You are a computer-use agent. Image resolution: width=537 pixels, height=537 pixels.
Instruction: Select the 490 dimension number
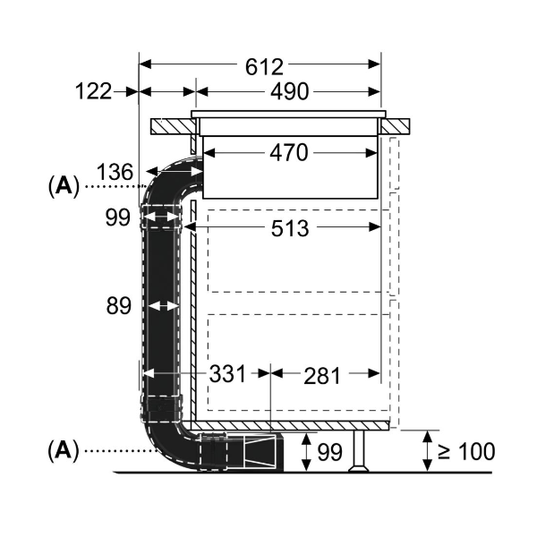pos(288,91)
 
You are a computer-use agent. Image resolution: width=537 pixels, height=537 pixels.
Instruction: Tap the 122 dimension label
pos(93,91)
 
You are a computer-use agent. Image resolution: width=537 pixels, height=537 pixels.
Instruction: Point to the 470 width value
pos(288,153)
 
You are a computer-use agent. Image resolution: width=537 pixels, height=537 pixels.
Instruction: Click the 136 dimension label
pos(115,171)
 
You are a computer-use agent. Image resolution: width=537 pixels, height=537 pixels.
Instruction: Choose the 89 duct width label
pos(118,306)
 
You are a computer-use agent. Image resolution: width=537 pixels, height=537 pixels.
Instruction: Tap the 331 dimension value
pos(227,374)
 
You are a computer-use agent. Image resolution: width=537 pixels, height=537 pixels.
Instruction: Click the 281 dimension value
pos(322,376)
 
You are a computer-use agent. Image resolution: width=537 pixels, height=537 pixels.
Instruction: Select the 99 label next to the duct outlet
pos(329,453)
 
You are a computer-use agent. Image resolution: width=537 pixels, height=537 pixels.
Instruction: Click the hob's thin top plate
pos(288,115)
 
